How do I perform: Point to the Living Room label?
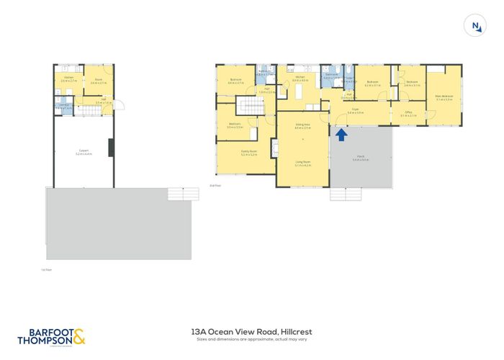click(302, 162)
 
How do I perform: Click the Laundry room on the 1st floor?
click(63, 107)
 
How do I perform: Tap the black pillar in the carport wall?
click(110, 148)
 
